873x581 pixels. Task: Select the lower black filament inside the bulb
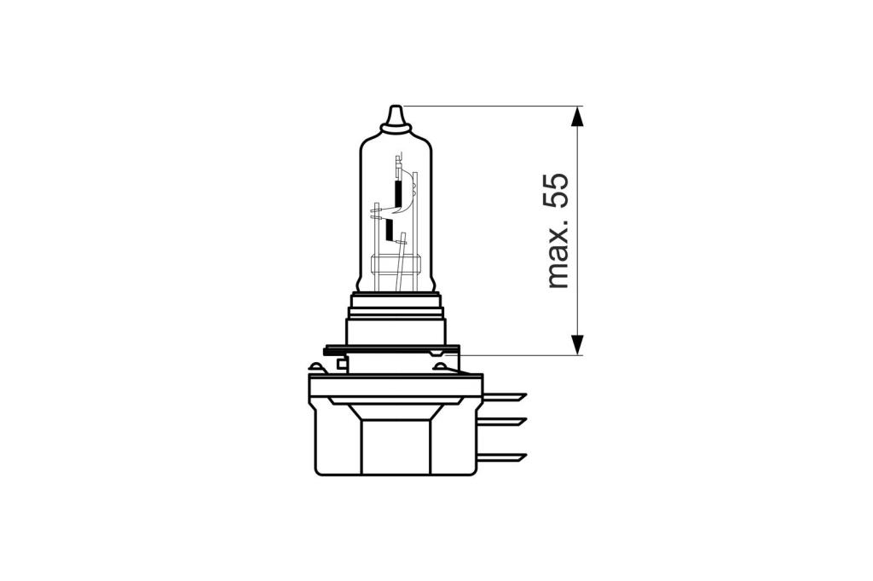click(390, 230)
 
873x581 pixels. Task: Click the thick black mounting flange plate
click(391, 349)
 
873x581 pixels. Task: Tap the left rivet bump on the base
click(317, 368)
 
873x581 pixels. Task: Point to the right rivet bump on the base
click(440, 368)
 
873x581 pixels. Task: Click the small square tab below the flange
click(342, 365)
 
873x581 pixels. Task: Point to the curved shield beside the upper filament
click(410, 192)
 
